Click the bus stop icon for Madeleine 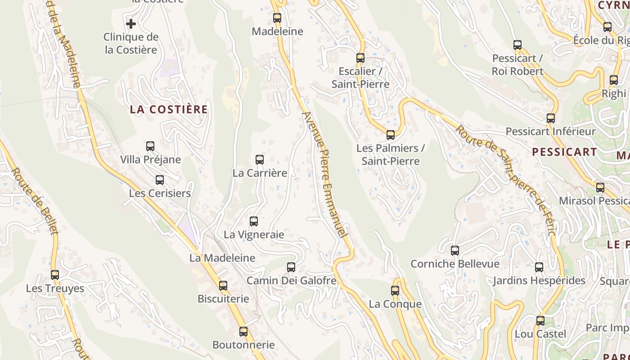[277, 18]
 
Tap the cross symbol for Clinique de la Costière [131, 23]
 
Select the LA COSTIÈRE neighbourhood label [169, 109]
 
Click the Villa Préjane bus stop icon [150, 146]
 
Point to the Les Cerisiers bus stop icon [160, 180]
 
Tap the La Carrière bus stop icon [260, 160]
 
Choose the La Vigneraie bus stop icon [254, 221]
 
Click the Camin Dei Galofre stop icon [291, 267]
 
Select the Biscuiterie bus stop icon [223, 286]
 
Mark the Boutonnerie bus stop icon [243, 332]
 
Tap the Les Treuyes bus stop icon [55, 274]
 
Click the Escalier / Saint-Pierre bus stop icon [360, 58]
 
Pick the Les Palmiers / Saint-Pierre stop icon [391, 135]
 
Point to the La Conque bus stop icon [395, 291]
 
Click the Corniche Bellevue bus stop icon [455, 251]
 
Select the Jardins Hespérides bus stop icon [539, 267]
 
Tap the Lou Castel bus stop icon [540, 321]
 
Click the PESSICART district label [564, 152]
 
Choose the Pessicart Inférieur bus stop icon [551, 118]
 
